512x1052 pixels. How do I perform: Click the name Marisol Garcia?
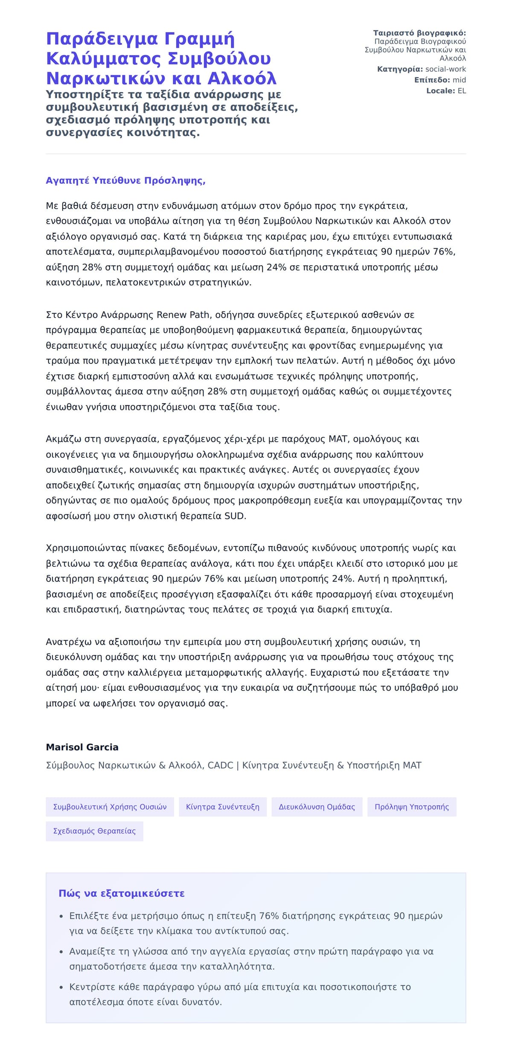(82, 747)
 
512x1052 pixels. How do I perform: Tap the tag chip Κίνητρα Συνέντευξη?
(222, 807)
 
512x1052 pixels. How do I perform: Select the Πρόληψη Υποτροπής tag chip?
(412, 807)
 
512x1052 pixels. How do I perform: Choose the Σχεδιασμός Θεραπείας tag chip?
(94, 831)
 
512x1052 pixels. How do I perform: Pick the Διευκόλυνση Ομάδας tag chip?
(317, 807)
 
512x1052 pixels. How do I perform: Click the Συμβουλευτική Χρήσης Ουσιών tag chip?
(110, 807)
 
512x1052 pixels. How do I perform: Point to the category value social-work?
(445, 69)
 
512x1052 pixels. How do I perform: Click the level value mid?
(459, 80)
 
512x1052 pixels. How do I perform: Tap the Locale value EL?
(462, 90)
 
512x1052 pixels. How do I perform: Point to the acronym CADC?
(220, 765)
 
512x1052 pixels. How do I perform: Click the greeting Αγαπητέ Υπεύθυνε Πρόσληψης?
(125, 180)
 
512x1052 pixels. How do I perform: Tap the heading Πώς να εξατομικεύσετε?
(122, 893)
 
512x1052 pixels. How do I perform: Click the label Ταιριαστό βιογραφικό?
(419, 33)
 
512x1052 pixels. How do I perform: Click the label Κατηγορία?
(400, 69)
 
